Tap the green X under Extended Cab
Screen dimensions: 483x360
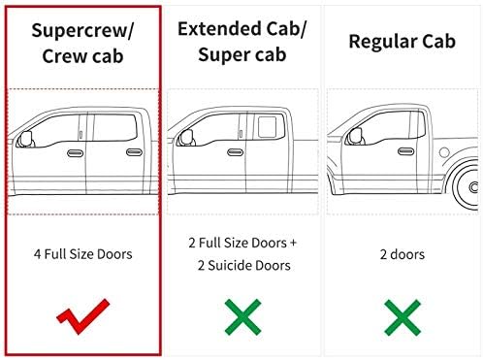pyautogui.click(x=242, y=316)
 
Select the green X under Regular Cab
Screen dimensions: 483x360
pyautogui.click(x=402, y=317)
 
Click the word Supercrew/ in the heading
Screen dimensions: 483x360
pyautogui.click(x=82, y=31)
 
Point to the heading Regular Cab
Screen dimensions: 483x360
pyautogui.click(x=402, y=42)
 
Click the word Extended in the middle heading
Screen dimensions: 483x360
pyautogui.click(x=218, y=28)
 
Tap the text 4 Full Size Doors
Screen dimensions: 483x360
pyautogui.click(x=82, y=254)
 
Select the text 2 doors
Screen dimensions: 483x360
pyautogui.click(x=402, y=254)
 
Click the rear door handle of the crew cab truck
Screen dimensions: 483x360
pyautogui.click(x=134, y=152)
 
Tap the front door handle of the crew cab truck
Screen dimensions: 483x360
pyautogui.click(x=75, y=153)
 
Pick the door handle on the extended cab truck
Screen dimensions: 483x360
pyautogui.click(x=236, y=152)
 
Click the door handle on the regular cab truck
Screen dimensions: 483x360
pyautogui.click(x=406, y=151)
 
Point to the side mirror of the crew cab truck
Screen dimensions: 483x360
pyautogui.click(x=26, y=140)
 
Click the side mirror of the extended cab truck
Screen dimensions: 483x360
pyautogui.click(x=187, y=138)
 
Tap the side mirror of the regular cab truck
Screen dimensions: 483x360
pyautogui.click(x=357, y=137)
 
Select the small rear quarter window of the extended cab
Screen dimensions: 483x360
pyautogui.click(x=267, y=127)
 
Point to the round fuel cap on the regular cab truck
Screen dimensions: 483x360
pyautogui.click(x=444, y=152)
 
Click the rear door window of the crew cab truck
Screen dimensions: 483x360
pyautogui.click(x=114, y=127)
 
